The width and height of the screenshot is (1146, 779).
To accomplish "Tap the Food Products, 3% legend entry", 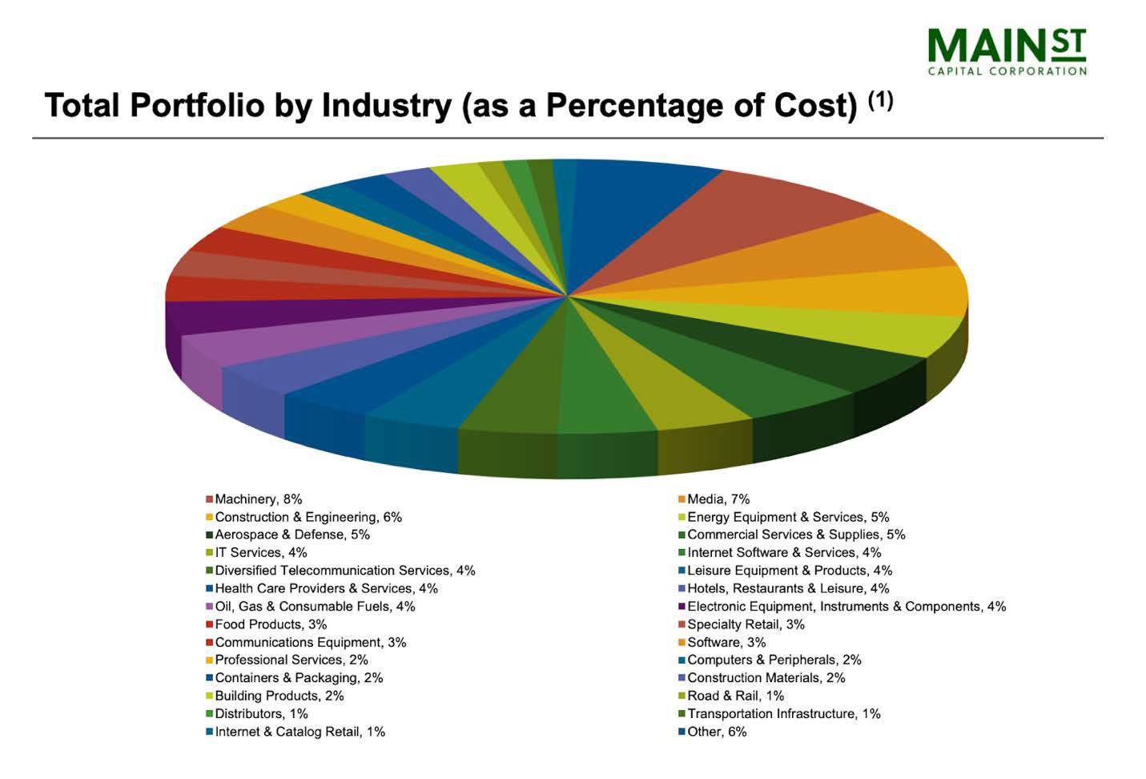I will pyautogui.click(x=270, y=624).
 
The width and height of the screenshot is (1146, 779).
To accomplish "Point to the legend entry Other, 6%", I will pyautogui.click(x=716, y=732).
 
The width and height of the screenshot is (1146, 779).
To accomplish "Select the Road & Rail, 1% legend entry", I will pyautogui.click(x=735, y=696).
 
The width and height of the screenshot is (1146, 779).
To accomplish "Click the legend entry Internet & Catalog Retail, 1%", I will pyautogui.click(x=300, y=732).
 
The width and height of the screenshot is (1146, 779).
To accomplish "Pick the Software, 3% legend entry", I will pyautogui.click(x=726, y=642).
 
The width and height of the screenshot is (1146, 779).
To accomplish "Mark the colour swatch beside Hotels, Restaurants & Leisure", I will pyautogui.click(x=682, y=589).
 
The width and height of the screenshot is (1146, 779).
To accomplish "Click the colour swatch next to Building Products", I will pyautogui.click(x=210, y=696).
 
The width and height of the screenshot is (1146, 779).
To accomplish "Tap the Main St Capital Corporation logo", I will pyautogui.click(x=1007, y=50).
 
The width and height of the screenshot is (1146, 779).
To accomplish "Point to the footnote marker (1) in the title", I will pyautogui.click(x=881, y=100).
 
